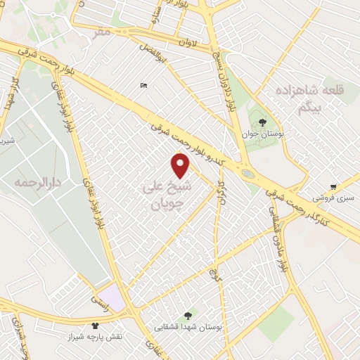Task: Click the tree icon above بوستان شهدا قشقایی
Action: tap(187, 316)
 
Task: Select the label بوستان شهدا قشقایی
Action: tap(188, 328)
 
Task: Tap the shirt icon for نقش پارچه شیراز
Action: tap(96, 326)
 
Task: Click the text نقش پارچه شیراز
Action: tap(94, 337)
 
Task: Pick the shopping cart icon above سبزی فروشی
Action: tap(333, 187)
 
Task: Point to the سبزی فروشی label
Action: tap(335, 199)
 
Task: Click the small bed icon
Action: tap(144, 86)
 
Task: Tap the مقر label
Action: tap(103, 32)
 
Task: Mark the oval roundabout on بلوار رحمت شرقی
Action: tap(248, 174)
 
